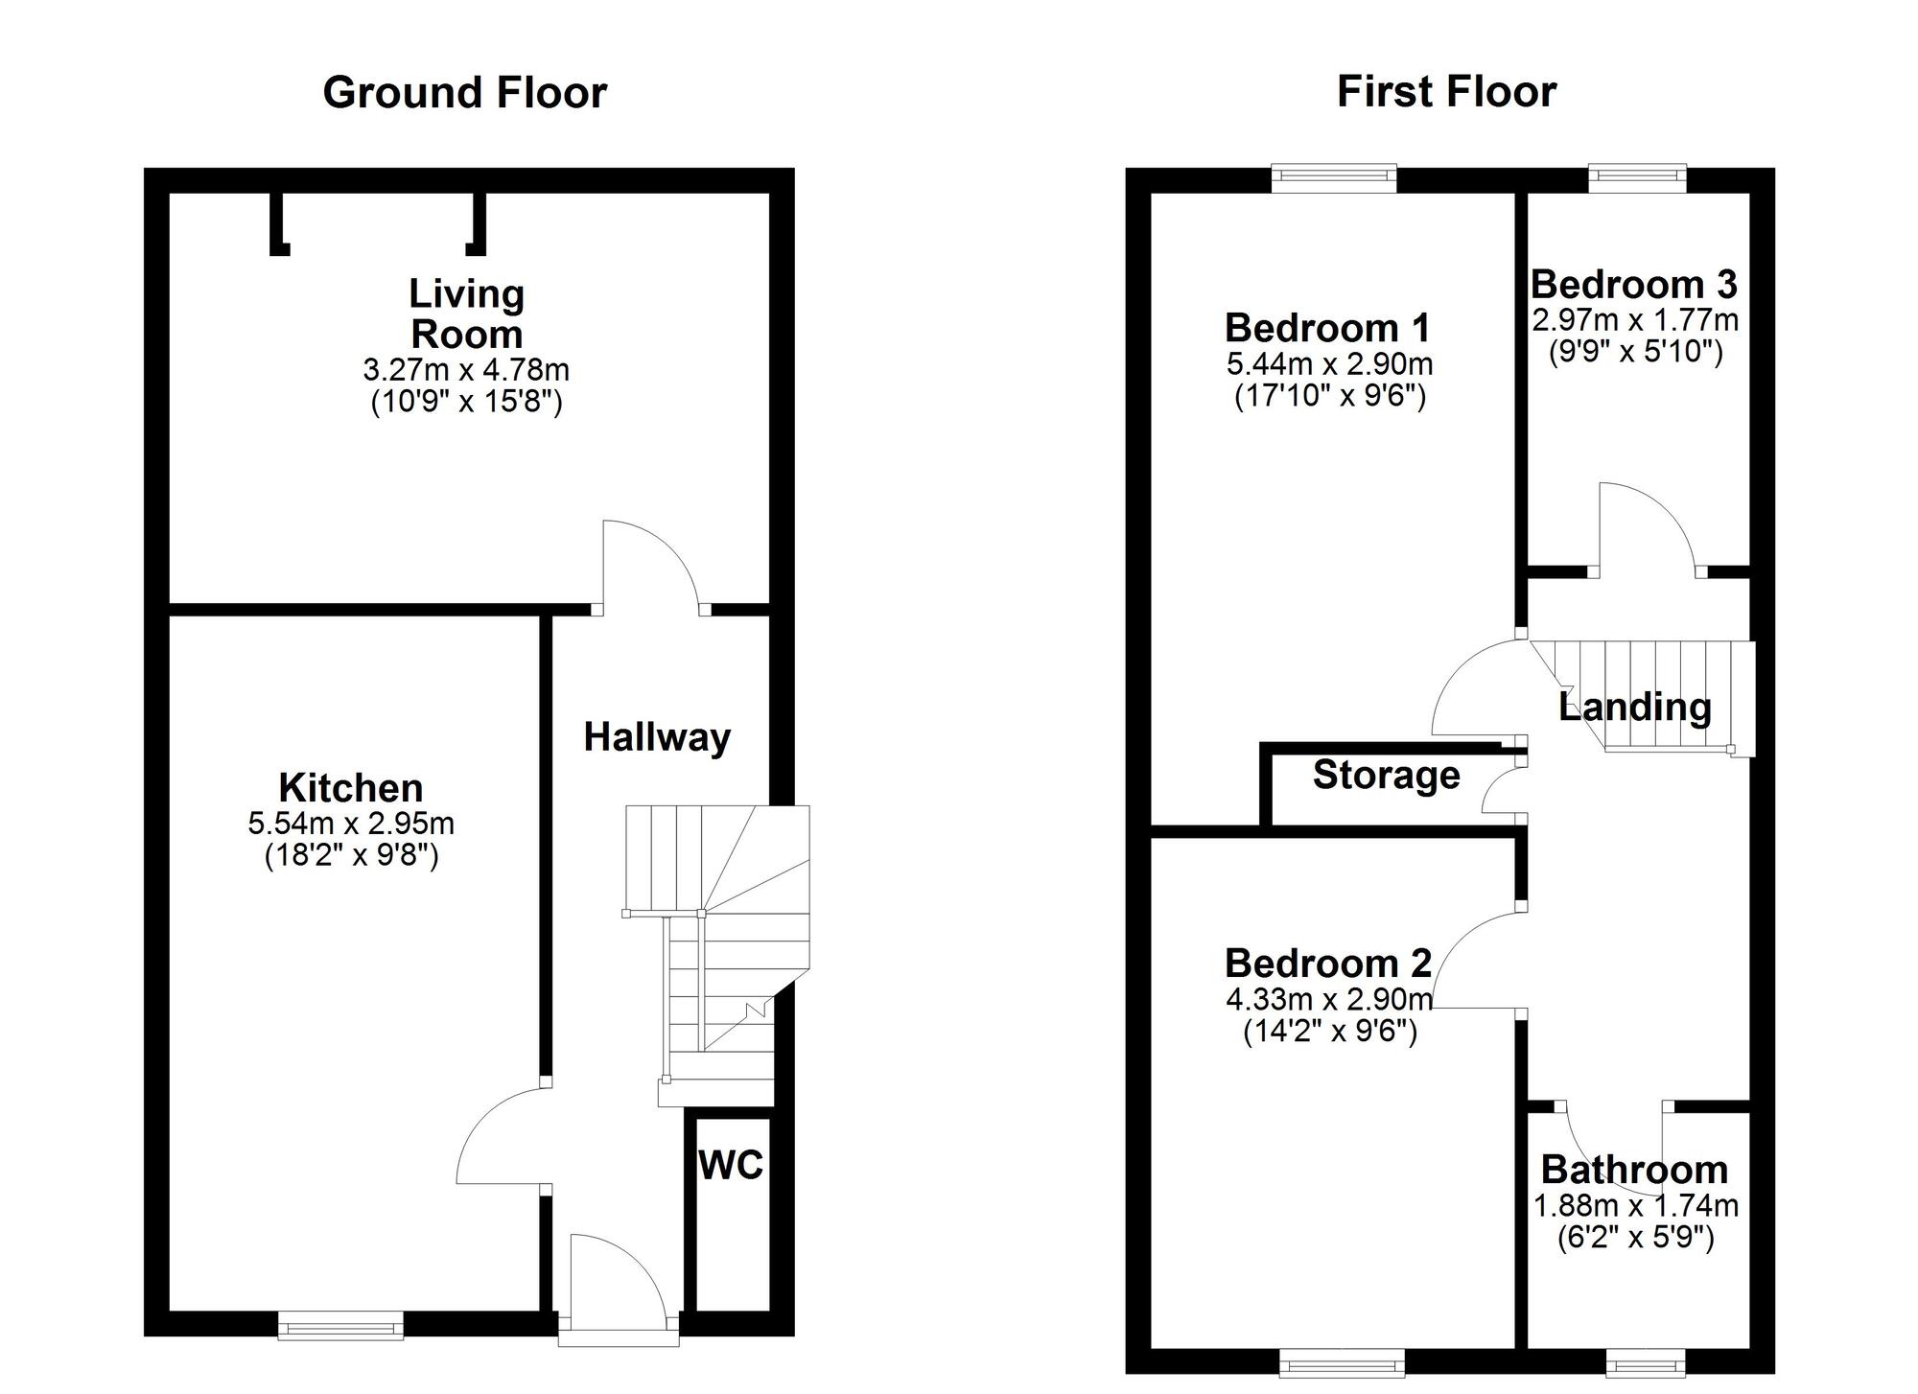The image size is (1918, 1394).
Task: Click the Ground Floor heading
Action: pos(464,93)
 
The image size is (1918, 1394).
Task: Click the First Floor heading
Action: pos(1446,92)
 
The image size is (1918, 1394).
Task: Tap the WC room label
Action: pos(731,1165)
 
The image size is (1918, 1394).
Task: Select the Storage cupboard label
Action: pos(1386,775)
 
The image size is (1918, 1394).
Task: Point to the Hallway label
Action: pos(657,737)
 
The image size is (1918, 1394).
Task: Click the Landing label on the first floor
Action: pos(1635,708)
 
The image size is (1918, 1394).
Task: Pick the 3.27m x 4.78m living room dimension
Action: pos(466,369)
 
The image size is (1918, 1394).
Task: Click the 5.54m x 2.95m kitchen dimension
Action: pos(351,823)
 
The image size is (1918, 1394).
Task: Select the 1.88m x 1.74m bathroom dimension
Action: pos(1636,1206)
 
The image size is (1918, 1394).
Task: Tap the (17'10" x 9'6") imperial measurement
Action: pos(1329,395)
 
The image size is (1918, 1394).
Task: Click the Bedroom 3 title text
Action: pos(1634,285)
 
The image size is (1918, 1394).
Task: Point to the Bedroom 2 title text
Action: pos(1328,963)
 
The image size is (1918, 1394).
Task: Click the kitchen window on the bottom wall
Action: pos(340,1326)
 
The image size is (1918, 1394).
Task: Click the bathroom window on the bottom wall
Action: pos(1646,1362)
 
